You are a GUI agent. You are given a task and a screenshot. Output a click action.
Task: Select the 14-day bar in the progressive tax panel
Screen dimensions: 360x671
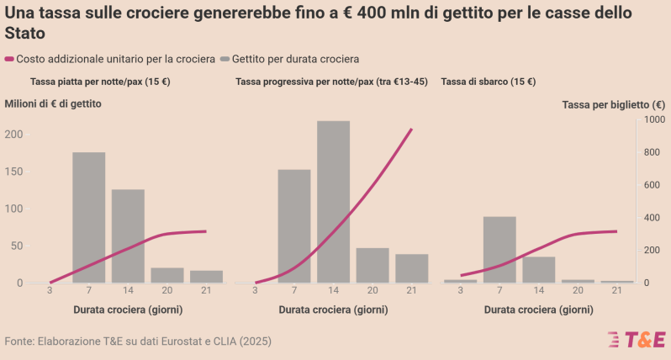(333, 202)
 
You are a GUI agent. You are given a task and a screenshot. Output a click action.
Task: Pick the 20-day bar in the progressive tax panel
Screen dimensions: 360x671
(372, 265)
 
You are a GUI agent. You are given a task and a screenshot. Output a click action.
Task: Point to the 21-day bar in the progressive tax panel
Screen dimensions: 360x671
(411, 267)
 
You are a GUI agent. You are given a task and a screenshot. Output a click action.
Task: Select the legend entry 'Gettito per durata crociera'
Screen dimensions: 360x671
(289, 59)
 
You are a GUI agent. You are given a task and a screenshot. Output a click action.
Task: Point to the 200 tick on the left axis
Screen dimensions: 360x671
(13, 135)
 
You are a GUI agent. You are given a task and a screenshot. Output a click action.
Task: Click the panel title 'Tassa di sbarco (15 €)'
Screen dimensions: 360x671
(489, 82)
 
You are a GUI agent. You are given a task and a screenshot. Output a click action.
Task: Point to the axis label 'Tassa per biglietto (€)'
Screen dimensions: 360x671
(613, 104)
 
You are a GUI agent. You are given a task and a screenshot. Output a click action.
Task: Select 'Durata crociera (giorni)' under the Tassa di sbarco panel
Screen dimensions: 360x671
(538, 310)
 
